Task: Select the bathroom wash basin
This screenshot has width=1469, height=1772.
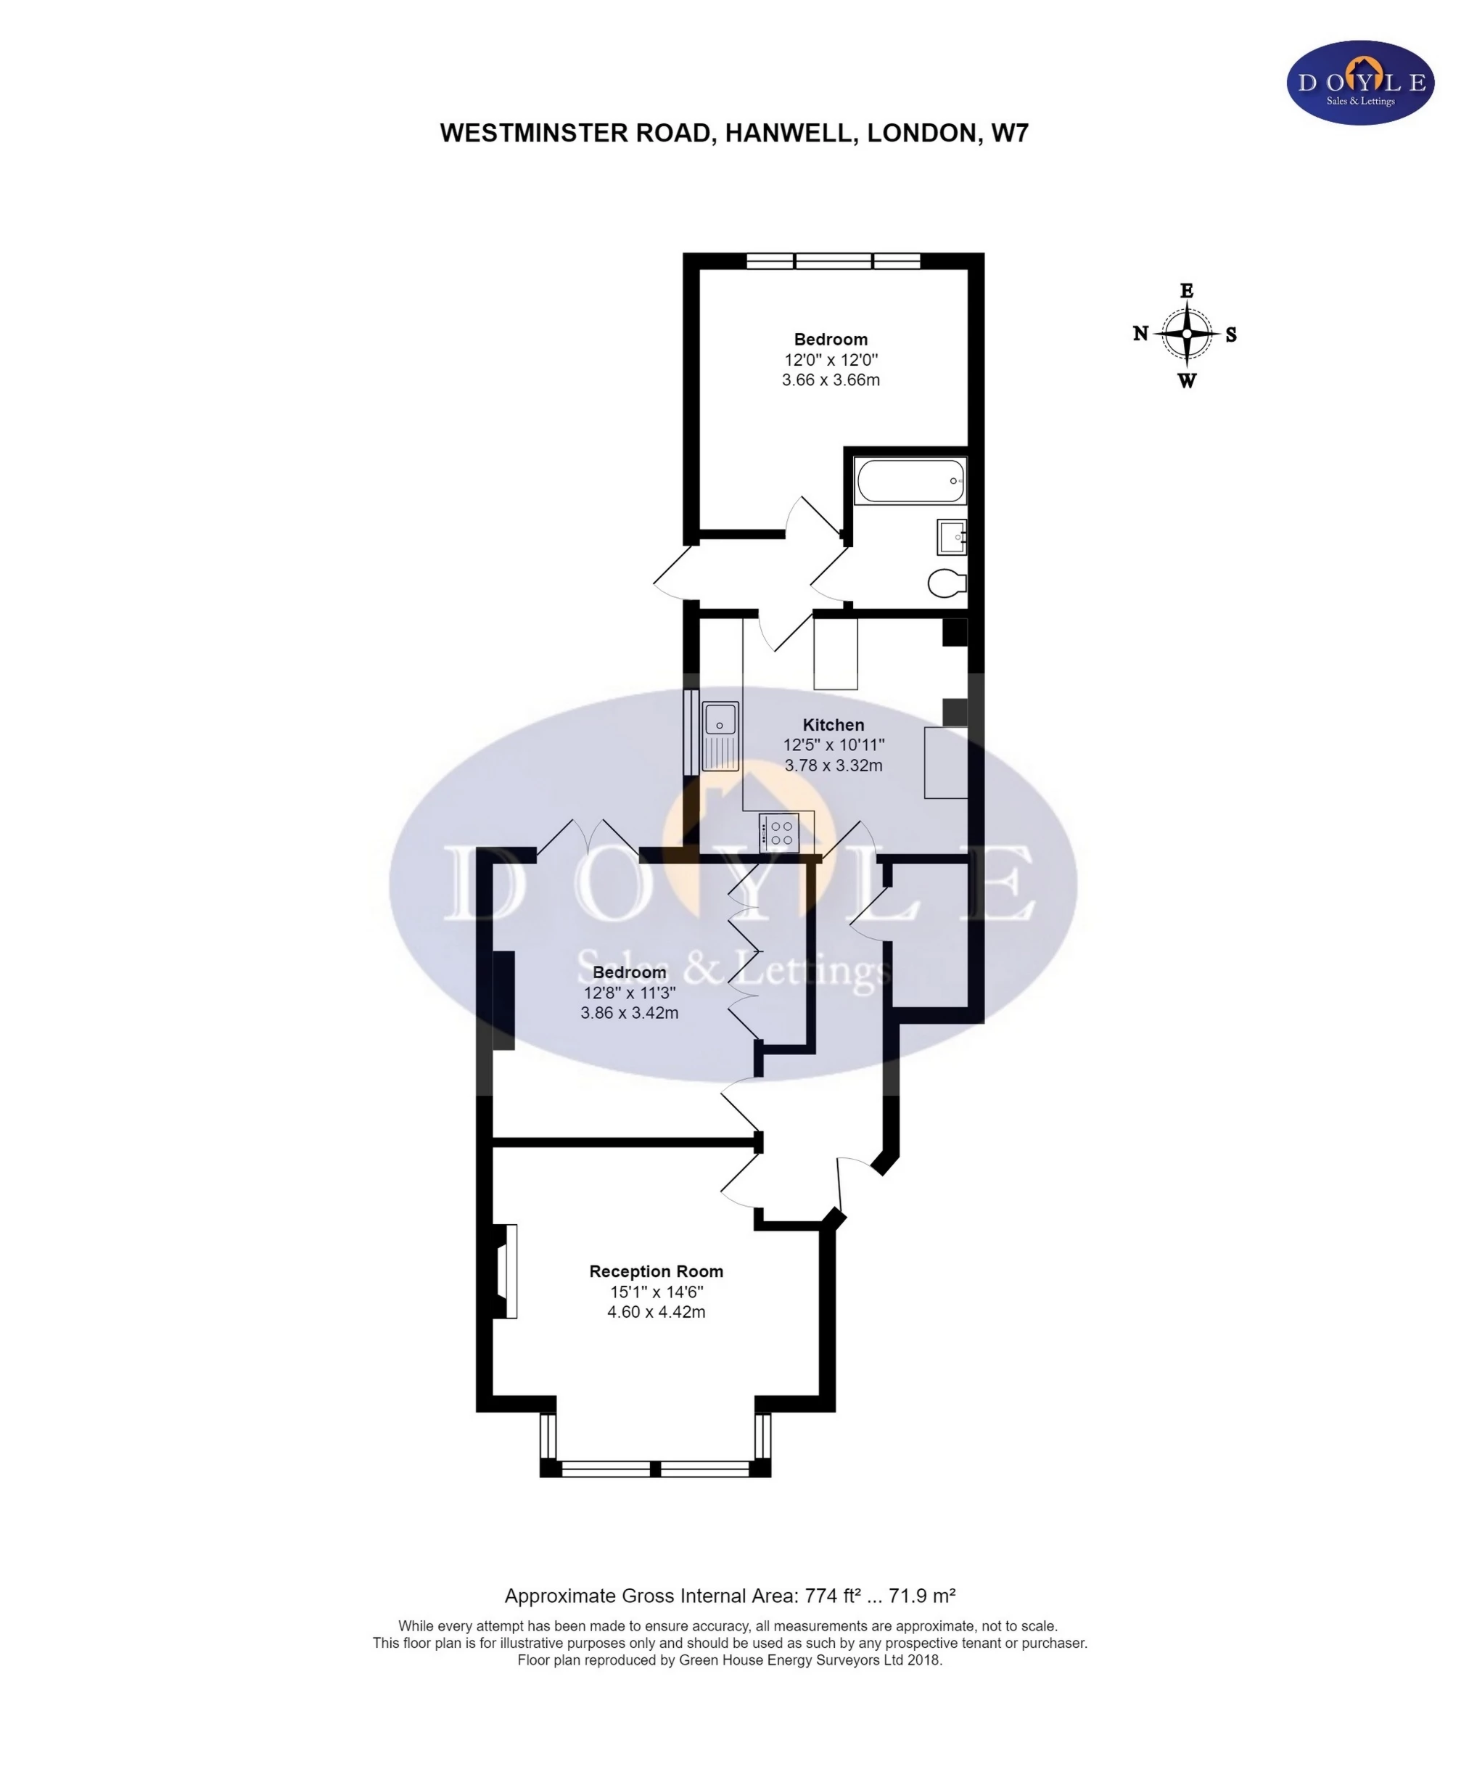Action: (951, 536)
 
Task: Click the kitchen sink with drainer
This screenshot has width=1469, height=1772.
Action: (721, 736)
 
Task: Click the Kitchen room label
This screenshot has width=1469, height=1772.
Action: (833, 725)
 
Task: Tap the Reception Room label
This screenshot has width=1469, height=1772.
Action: (656, 1271)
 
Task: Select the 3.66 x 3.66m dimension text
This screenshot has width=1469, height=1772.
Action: (831, 380)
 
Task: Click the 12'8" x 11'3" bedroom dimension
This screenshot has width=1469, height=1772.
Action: (630, 993)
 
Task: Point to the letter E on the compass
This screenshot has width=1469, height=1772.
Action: (1186, 291)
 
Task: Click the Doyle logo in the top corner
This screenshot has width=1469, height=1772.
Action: (1360, 83)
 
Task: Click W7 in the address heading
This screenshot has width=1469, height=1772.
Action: (1010, 134)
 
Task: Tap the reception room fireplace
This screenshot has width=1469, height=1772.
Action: (506, 1271)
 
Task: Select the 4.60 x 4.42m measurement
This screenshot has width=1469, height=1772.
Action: (656, 1312)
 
